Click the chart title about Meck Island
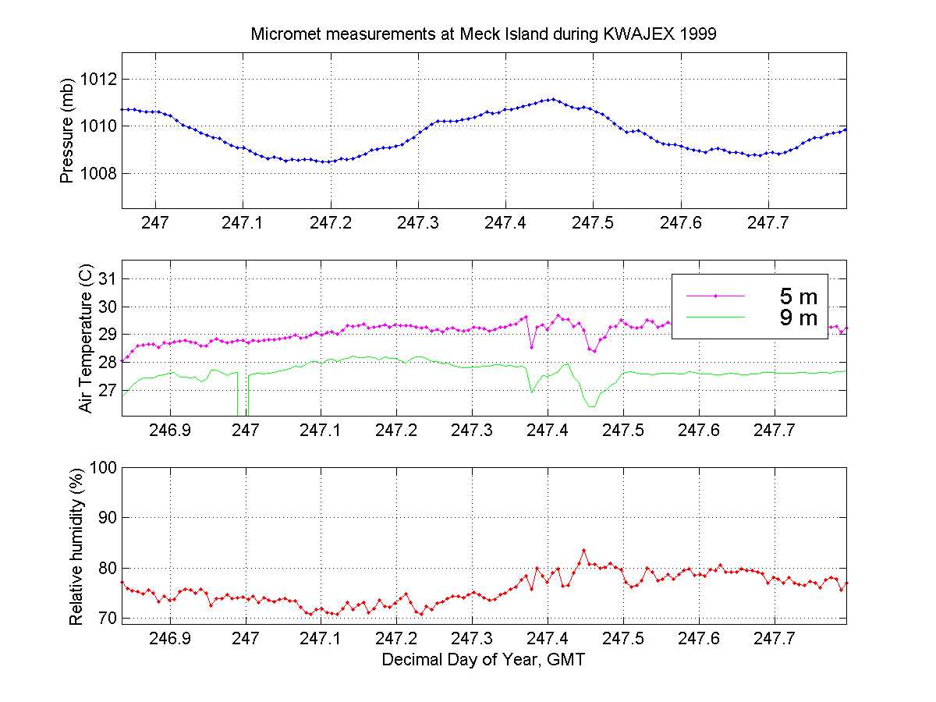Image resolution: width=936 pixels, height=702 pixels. (484, 35)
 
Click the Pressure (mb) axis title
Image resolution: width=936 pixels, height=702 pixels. (67, 129)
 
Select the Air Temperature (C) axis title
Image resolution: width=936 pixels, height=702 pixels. (85, 339)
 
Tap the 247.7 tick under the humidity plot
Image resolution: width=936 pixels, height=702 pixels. (775, 638)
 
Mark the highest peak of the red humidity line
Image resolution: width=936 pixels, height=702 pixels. (583, 550)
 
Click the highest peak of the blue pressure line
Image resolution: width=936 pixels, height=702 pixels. (552, 99)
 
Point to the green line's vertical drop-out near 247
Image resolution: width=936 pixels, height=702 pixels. (242, 398)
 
